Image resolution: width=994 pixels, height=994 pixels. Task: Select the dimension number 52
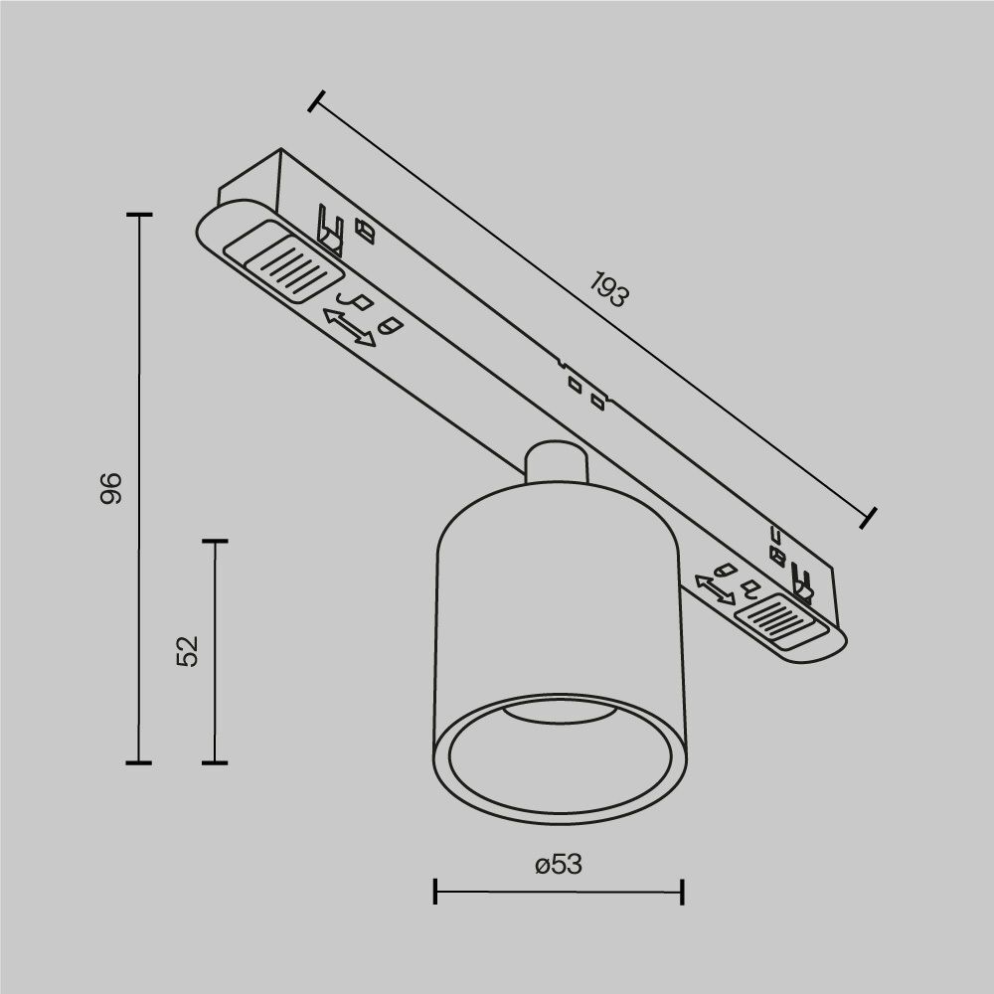pyautogui.click(x=188, y=651)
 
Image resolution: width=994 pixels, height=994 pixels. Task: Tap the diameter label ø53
pyautogui.click(x=558, y=865)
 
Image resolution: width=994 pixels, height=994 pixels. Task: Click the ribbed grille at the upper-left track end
pyautogui.click(x=284, y=263)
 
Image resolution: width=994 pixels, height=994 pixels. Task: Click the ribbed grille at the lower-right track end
pyautogui.click(x=778, y=621)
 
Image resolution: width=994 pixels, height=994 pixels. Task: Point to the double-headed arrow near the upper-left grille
pyautogui.click(x=350, y=327)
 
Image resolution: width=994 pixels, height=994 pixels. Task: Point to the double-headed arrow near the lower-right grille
pyautogui.click(x=715, y=588)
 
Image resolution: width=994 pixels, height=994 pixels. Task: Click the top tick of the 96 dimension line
pyautogui.click(x=139, y=215)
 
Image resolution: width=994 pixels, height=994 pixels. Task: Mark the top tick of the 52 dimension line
pyautogui.click(x=215, y=542)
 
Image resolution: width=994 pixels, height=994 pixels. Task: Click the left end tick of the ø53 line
pyautogui.click(x=436, y=891)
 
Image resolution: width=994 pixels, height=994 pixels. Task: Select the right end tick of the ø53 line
pyautogui.click(x=682, y=891)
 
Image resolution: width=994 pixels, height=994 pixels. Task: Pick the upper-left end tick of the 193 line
pyautogui.click(x=317, y=101)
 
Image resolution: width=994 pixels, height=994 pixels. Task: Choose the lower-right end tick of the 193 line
pyautogui.click(x=868, y=516)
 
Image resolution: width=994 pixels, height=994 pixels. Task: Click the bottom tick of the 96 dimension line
pyautogui.click(x=139, y=763)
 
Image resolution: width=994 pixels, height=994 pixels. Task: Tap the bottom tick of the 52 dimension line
pyautogui.click(x=215, y=763)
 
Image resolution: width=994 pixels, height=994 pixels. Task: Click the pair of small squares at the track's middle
pyautogui.click(x=584, y=391)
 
